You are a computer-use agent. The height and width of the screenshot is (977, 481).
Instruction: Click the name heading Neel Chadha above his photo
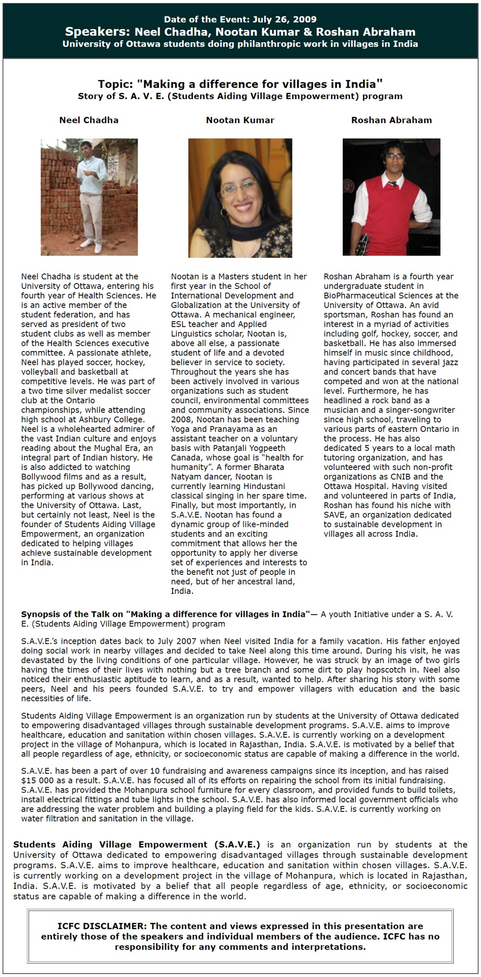89,120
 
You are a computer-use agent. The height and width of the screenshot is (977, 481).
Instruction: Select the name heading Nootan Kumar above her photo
240,120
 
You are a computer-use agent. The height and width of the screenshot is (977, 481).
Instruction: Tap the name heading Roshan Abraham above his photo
392,120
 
